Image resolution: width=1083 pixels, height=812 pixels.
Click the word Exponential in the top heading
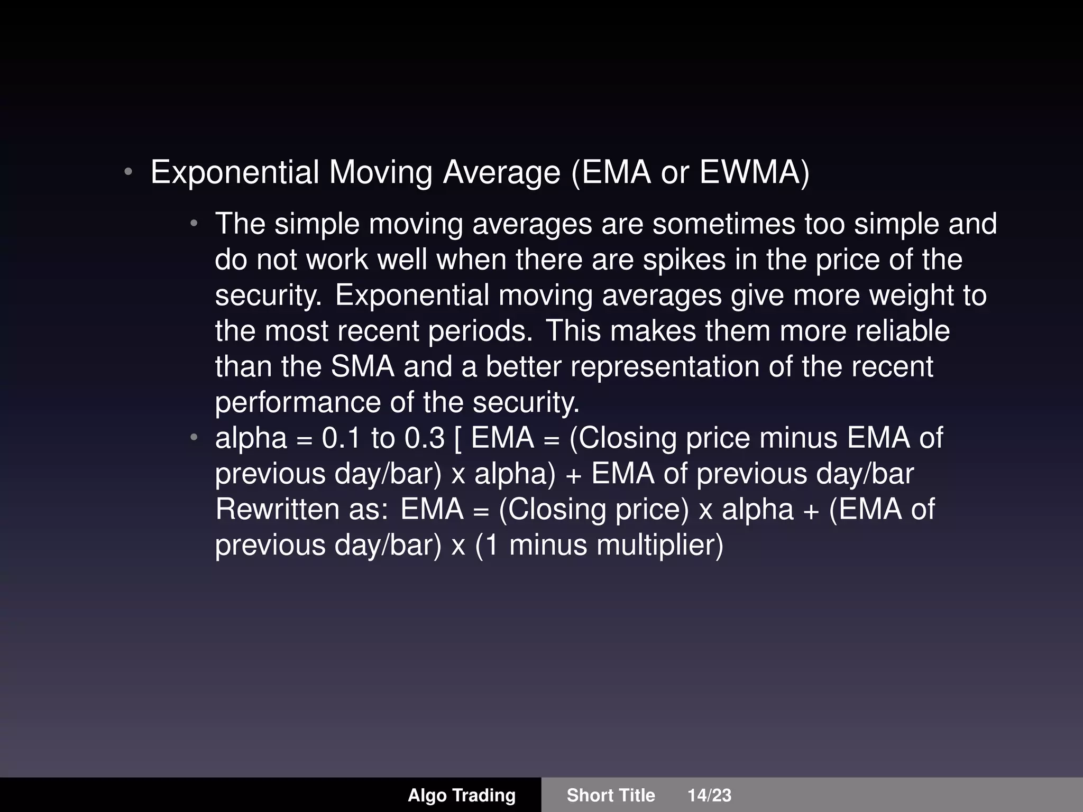coord(235,172)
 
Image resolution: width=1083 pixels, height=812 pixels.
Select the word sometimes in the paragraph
coord(723,224)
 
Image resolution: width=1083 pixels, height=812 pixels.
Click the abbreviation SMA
coord(363,366)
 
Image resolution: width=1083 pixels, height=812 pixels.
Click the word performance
coord(297,402)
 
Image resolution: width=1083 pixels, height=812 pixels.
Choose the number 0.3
coord(425,438)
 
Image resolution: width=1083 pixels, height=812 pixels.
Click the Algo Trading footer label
coord(462,795)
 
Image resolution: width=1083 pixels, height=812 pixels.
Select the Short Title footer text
coord(611,795)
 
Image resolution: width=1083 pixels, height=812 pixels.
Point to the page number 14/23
coord(709,795)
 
